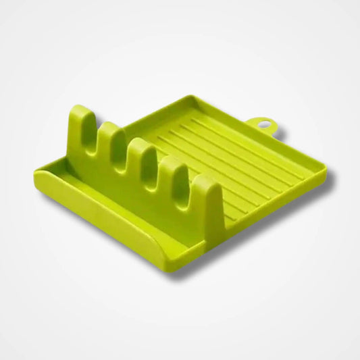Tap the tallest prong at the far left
(82, 125)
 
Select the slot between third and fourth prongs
(159, 182)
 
